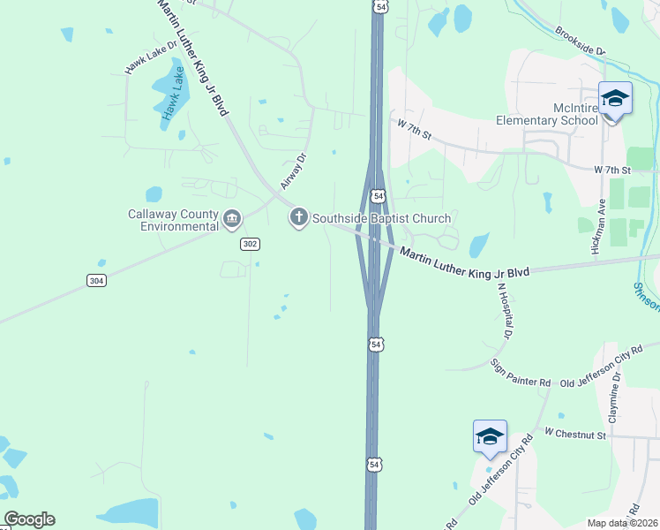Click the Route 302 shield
[x=250, y=244]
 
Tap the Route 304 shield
[x=97, y=280]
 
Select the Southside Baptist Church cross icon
[x=298, y=217]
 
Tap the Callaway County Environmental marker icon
[x=232, y=218]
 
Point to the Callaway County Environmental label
[x=173, y=219]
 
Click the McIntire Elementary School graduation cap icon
[x=614, y=98]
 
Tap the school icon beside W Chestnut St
[x=490, y=436]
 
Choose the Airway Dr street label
[x=293, y=171]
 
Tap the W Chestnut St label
[x=575, y=434]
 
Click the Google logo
[x=29, y=519]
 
